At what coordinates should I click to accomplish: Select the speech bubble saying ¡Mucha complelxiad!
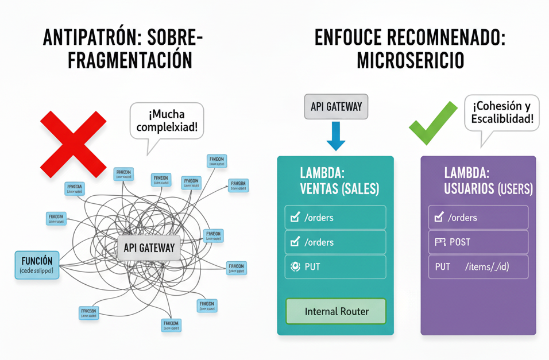[x=167, y=121]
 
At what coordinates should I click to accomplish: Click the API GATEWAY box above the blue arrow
[x=336, y=107]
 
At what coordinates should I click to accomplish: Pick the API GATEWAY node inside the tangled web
[x=149, y=248]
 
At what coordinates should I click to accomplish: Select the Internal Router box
[x=336, y=312]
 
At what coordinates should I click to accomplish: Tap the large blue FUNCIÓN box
[x=37, y=265]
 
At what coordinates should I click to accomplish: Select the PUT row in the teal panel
[x=335, y=267]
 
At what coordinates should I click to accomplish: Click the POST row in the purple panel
[x=478, y=242]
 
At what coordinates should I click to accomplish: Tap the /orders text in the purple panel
[x=462, y=218]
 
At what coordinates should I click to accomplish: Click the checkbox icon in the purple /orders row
[x=439, y=218]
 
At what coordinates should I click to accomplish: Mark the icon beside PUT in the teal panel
[x=295, y=267]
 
